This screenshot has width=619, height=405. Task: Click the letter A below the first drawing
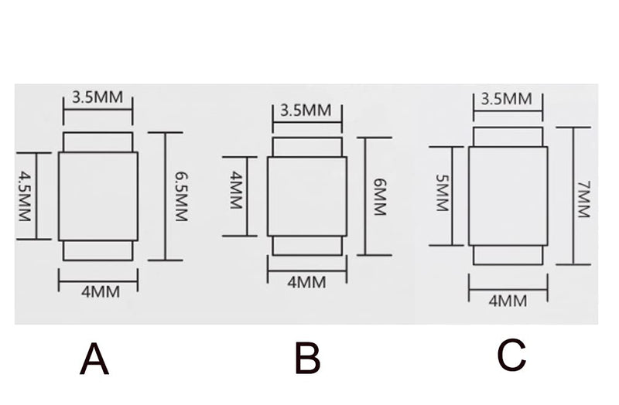[94, 359]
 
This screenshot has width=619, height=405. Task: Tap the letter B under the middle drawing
[307, 358]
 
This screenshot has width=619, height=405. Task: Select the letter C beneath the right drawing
[511, 355]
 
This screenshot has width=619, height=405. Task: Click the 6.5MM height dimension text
[181, 196]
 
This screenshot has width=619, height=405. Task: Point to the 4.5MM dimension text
[25, 196]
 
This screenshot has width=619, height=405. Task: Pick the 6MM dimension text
[380, 197]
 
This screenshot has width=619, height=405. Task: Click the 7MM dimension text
[583, 199]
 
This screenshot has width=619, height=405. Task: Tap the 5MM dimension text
[443, 193]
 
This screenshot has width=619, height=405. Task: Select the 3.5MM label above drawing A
[97, 97]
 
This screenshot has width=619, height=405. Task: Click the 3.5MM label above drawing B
[306, 111]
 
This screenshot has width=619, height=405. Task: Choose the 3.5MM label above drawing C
[507, 99]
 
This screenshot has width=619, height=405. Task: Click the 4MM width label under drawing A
[101, 292]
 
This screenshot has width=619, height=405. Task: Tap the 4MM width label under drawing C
[508, 301]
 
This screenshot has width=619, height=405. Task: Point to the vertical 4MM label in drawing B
[236, 190]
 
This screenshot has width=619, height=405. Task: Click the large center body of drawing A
[98, 196]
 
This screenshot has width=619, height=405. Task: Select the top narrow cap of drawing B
[307, 147]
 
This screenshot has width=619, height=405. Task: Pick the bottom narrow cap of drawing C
[508, 255]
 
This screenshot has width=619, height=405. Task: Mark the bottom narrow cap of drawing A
[98, 250]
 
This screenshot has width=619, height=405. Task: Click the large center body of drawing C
[508, 196]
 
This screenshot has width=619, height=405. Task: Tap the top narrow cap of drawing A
[98, 142]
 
